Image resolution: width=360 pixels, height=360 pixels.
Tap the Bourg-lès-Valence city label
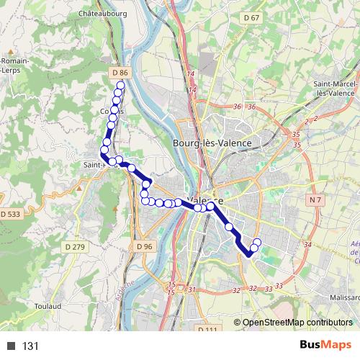tap(212, 143)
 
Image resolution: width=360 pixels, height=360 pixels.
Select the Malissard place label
tap(341, 297)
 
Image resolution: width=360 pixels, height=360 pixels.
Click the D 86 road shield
tap(120, 73)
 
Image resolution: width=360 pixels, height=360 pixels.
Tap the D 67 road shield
tap(251, 17)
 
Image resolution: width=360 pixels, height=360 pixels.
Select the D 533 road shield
tap(11, 214)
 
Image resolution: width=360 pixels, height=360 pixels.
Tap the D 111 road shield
tap(207, 330)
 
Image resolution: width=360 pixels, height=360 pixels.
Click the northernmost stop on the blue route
tap(120, 85)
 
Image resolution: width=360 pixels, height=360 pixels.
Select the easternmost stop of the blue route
tap(257, 242)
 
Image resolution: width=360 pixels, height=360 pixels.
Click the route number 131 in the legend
tap(30, 346)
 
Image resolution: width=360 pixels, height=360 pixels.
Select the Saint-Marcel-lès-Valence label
tap(336, 89)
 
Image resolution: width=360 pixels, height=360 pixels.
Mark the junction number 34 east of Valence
tap(307, 245)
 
